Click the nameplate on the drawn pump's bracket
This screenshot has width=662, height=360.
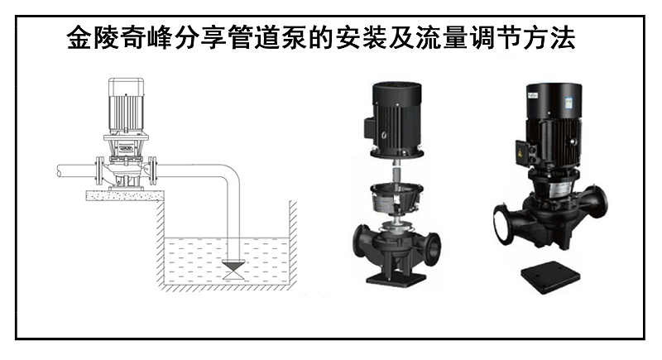point(126,147)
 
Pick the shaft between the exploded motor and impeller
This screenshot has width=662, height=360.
point(395,171)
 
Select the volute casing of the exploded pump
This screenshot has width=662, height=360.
point(395,245)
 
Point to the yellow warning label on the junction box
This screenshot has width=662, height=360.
point(520,154)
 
